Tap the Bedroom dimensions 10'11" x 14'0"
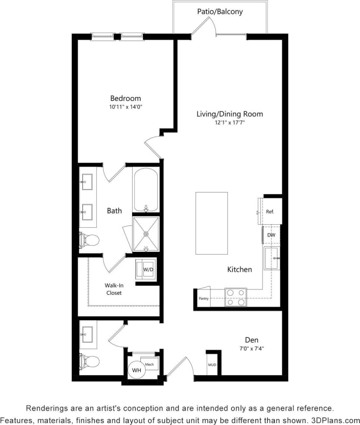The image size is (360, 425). pyautogui.click(x=125, y=106)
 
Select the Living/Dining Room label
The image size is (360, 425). pyautogui.click(x=229, y=114)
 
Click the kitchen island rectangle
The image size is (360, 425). pyautogui.click(x=212, y=223)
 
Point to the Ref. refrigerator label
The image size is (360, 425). pyautogui.click(x=270, y=212)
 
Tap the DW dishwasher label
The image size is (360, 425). pyautogui.click(x=271, y=236)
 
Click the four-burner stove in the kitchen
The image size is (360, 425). pyautogui.click(x=236, y=297)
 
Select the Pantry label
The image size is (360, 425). pyautogui.click(x=203, y=298)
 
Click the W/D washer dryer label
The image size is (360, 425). pyautogui.click(x=148, y=270)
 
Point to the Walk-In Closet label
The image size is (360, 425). pyautogui.click(x=113, y=289)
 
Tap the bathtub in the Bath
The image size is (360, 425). pyautogui.click(x=145, y=189)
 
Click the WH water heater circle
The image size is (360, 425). pyautogui.click(x=136, y=371)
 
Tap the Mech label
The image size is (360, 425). pyautogui.click(x=150, y=365)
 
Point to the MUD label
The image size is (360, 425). pyautogui.click(x=212, y=365)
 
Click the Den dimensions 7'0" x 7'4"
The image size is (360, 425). pyautogui.click(x=252, y=349)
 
